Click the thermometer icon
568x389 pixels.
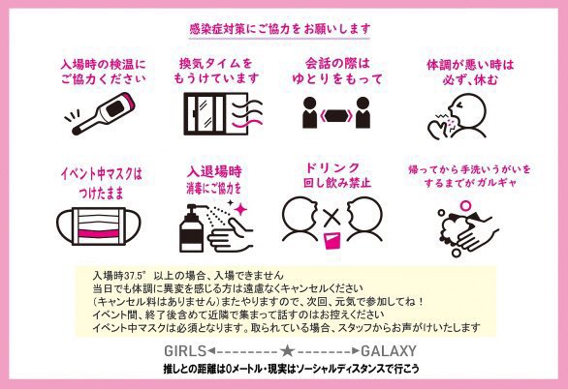point(104,113)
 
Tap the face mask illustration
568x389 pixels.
point(98,226)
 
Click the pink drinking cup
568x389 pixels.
point(331,240)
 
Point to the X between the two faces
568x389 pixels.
point(331,218)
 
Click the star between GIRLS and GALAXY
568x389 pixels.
point(287,350)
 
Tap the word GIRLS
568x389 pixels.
point(185,350)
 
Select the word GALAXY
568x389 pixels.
point(389,350)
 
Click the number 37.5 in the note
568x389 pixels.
point(132,276)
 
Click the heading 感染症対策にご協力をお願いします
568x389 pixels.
point(280,29)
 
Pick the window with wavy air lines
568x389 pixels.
point(223,114)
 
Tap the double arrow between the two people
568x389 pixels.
point(336,116)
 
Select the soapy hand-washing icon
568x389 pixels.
point(467,228)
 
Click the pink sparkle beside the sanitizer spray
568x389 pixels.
point(240,209)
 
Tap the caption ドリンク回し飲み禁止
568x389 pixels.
point(337,175)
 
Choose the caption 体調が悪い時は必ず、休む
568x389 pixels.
point(470,73)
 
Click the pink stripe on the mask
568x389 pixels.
point(99,233)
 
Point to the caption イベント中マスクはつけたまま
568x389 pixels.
point(102,183)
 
